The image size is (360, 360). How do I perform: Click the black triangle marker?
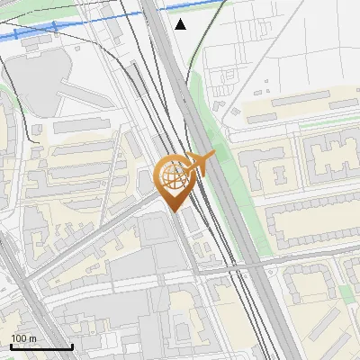click(181, 24)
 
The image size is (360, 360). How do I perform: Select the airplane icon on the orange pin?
click(202, 163)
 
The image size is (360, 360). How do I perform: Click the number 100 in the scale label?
click(18, 337)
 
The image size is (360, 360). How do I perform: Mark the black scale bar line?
click(41, 346)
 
